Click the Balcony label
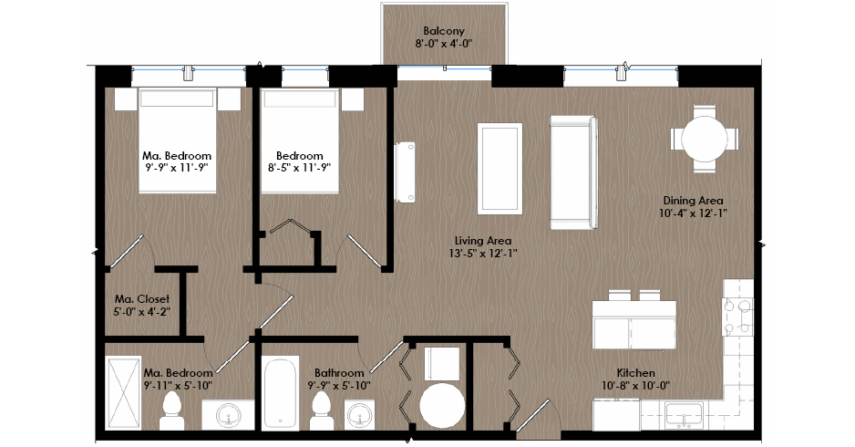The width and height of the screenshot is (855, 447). click(444, 31)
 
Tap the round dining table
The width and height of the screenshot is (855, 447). click(704, 139)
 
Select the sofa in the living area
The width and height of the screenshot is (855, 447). click(574, 172)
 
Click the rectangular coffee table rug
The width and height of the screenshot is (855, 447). click(500, 168)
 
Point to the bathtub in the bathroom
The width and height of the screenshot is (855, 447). click(280, 392)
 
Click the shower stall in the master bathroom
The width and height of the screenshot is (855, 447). click(123, 393)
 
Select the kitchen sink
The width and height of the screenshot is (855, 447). click(684, 415)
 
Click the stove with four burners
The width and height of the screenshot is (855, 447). click(737, 317)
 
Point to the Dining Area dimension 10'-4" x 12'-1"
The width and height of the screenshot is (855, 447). click(693, 213)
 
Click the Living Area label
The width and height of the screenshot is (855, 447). click(483, 240)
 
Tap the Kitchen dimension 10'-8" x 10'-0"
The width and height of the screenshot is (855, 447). click(636, 386)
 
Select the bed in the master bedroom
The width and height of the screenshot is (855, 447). click(177, 140)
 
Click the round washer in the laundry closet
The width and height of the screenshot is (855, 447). click(442, 404)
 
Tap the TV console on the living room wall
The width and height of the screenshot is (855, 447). click(405, 172)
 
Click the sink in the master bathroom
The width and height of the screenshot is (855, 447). click(229, 416)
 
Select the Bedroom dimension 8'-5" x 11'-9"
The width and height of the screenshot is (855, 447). click(299, 168)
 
